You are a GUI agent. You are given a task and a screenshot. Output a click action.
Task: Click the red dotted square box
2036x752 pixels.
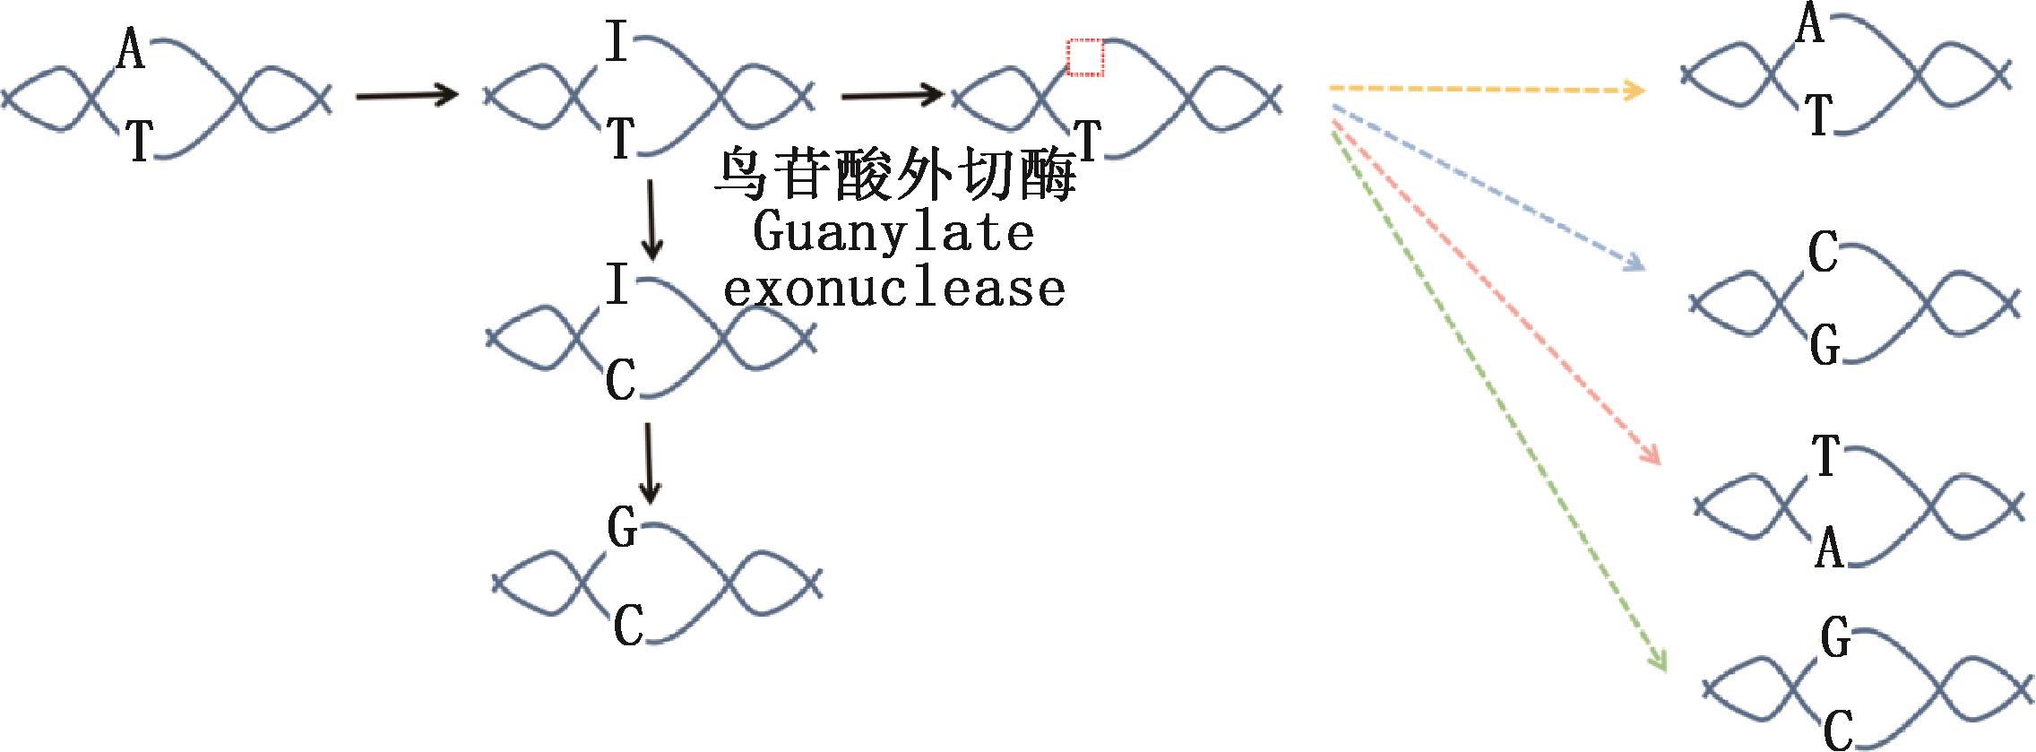point(1085,58)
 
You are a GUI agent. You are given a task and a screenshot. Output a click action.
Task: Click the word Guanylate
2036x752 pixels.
point(893,232)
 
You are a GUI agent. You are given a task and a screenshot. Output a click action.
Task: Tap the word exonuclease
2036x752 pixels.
point(893,288)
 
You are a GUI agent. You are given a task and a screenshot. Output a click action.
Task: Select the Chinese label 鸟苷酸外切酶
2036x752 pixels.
point(893,174)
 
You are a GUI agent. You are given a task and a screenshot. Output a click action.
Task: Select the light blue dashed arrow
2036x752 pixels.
point(1488,187)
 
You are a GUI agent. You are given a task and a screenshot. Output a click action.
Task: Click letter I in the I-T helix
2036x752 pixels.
point(616,41)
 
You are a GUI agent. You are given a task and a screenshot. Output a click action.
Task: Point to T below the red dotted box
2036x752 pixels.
point(1087,139)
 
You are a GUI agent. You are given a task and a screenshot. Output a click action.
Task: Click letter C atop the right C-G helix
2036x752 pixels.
point(1823,253)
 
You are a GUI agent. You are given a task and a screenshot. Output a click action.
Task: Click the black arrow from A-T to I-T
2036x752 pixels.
point(407,93)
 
